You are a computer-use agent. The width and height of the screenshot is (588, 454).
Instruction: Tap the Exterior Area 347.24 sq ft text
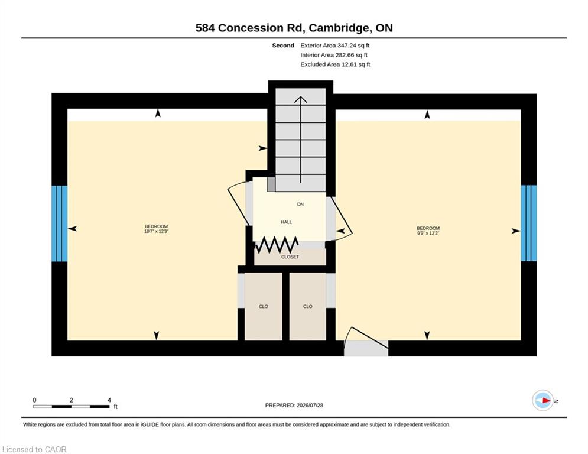click(x=335, y=46)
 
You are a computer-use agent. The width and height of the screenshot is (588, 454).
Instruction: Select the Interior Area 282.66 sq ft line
click(x=334, y=55)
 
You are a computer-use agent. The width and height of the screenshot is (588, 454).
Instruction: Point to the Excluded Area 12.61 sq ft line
click(x=335, y=64)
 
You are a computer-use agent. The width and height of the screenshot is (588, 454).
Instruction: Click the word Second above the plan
click(x=283, y=46)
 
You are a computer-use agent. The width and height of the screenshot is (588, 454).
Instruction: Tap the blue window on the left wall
click(x=59, y=223)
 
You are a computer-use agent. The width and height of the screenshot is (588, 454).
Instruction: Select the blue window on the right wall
click(x=529, y=223)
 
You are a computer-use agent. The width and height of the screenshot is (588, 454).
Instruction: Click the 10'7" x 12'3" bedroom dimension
click(x=157, y=232)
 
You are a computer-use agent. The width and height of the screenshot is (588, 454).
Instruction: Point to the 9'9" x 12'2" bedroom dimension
click(x=428, y=233)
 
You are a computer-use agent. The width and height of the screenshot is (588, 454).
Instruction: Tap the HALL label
click(x=286, y=222)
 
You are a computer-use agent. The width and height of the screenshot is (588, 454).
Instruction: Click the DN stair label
click(x=300, y=204)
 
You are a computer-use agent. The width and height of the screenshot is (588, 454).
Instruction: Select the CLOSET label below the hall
click(x=290, y=257)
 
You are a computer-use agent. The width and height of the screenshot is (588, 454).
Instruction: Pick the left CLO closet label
click(x=263, y=307)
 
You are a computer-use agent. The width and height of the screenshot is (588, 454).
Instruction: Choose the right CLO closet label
click(x=307, y=307)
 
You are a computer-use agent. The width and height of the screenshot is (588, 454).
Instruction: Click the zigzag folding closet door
click(x=277, y=245)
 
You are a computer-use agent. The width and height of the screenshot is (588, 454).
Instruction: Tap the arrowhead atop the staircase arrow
click(x=300, y=99)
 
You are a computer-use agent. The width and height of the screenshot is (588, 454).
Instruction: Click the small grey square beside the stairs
click(x=271, y=184)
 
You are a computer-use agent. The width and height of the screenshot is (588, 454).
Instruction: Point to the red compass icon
click(x=543, y=400)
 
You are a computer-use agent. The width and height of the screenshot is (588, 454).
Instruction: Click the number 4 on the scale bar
click(x=109, y=400)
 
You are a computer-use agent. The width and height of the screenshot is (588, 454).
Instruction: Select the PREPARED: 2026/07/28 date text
click(x=294, y=405)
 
